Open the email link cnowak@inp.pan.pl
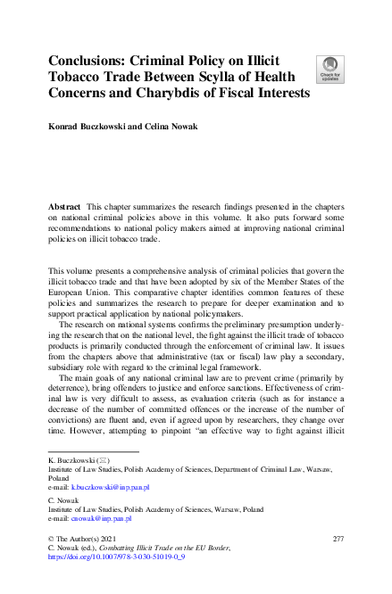(x=102, y=518)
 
